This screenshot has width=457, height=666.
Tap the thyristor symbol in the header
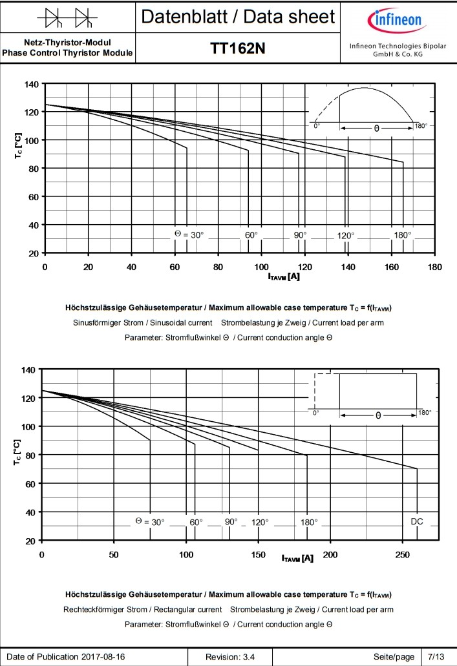click(68, 17)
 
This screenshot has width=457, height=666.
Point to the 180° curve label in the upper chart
click(402, 234)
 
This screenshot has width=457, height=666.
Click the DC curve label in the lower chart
click(416, 521)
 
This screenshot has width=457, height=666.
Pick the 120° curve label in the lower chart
click(260, 522)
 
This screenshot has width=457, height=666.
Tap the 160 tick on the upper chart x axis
click(392, 267)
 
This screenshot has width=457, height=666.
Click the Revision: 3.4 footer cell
click(230, 656)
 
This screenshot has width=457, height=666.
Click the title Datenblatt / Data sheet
click(238, 17)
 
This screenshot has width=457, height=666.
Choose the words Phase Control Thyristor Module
click(68, 52)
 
